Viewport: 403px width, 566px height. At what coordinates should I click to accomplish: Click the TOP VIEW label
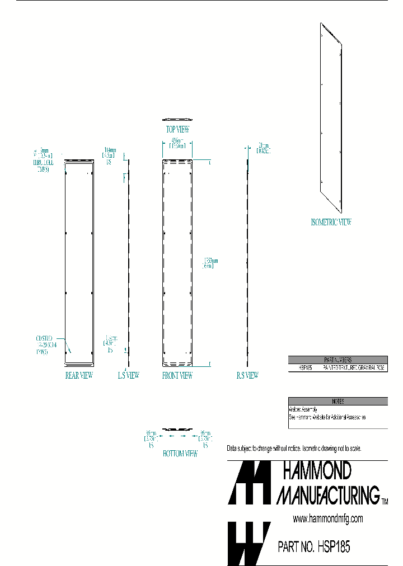click(x=177, y=129)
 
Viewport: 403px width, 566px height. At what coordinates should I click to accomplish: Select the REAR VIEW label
click(x=79, y=376)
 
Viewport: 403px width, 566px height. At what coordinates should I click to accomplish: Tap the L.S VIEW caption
click(x=128, y=376)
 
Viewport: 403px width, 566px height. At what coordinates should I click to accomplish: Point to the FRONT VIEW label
click(x=177, y=376)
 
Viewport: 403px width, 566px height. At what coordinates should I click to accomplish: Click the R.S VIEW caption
click(x=247, y=376)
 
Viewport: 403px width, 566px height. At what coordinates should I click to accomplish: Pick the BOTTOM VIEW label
click(x=180, y=454)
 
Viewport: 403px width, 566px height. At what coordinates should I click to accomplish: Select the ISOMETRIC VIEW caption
click(x=331, y=223)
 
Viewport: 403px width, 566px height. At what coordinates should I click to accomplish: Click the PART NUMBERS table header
click(x=338, y=360)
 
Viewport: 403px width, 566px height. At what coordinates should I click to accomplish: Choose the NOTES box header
click(x=338, y=401)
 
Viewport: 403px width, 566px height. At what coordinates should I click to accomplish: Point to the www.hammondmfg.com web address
click(x=328, y=519)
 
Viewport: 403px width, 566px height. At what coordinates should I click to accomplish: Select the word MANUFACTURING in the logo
click(x=328, y=495)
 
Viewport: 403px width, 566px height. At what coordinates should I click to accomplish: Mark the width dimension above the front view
click(x=177, y=144)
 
